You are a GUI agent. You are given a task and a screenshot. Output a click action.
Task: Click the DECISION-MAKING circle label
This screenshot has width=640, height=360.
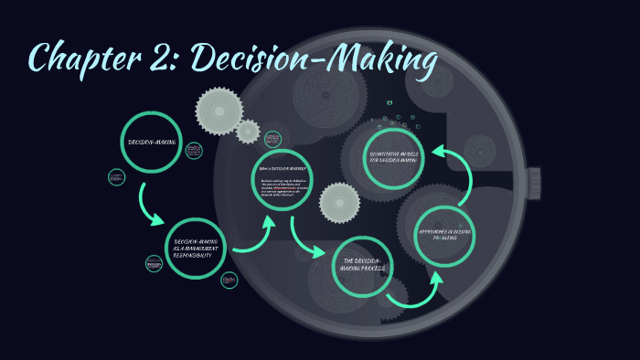point(151,142)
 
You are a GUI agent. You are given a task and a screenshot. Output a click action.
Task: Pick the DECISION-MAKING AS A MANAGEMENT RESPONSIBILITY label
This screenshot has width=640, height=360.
point(197,248)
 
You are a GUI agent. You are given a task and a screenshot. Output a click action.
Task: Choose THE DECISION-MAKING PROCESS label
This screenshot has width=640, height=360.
point(363,267)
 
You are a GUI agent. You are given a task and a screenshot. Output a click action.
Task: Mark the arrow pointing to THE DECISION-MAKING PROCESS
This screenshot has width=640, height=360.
point(306,239)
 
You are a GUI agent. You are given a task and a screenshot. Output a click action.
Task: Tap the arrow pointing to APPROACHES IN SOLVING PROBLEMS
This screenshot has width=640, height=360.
point(416,291)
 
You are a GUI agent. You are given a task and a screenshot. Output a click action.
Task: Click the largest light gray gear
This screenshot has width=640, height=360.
point(219,111)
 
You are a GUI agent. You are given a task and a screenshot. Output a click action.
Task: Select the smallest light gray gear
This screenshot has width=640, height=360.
point(248,132)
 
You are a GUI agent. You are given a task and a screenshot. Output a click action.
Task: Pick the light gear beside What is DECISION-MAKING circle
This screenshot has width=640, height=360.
point(339,202)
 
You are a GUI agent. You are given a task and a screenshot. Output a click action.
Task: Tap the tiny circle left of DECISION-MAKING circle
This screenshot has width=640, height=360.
point(116,176)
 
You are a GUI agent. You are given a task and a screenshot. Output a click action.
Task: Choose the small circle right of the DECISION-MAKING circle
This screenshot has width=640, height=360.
point(194,151)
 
